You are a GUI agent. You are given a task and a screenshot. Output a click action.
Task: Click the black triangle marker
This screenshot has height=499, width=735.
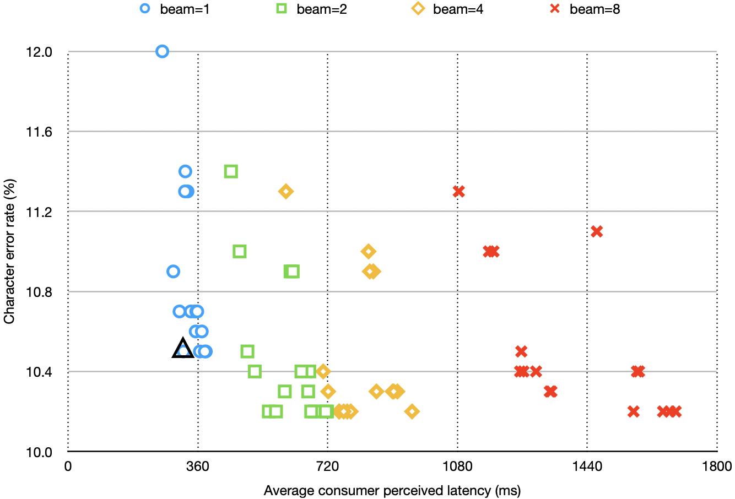click(183, 349)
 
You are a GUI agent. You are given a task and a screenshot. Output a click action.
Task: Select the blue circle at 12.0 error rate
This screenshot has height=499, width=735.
click(162, 51)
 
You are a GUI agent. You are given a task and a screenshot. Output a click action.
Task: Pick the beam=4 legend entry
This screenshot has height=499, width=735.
click(447, 9)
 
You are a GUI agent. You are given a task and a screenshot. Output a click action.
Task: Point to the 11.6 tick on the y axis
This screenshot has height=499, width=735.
click(39, 132)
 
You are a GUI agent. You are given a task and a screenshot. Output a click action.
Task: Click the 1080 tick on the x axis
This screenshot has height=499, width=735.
click(457, 467)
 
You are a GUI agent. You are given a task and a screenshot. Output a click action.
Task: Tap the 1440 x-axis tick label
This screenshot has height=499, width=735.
click(587, 467)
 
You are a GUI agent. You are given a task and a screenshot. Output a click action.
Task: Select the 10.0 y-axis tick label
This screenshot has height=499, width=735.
click(39, 452)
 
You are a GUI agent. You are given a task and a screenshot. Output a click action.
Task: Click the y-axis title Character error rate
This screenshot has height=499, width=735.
click(9, 251)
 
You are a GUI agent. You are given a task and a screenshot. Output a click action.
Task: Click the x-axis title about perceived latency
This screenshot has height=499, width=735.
click(392, 490)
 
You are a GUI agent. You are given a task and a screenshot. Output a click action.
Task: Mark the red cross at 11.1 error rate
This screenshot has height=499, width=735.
click(596, 231)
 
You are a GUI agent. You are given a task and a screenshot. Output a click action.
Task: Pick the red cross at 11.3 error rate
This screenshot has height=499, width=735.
click(458, 191)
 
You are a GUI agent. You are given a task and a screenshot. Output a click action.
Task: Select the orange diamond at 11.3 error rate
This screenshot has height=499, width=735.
click(285, 191)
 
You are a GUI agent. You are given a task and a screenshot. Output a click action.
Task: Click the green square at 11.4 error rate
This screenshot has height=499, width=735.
click(231, 171)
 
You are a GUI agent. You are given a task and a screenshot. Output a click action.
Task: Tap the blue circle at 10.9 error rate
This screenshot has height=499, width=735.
click(173, 271)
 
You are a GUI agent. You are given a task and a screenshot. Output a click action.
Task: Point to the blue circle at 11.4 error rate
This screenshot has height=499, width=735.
click(185, 171)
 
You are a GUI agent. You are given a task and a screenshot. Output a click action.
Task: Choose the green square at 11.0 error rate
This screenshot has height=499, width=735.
click(239, 251)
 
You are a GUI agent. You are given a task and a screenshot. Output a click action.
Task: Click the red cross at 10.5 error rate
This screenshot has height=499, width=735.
click(521, 351)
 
